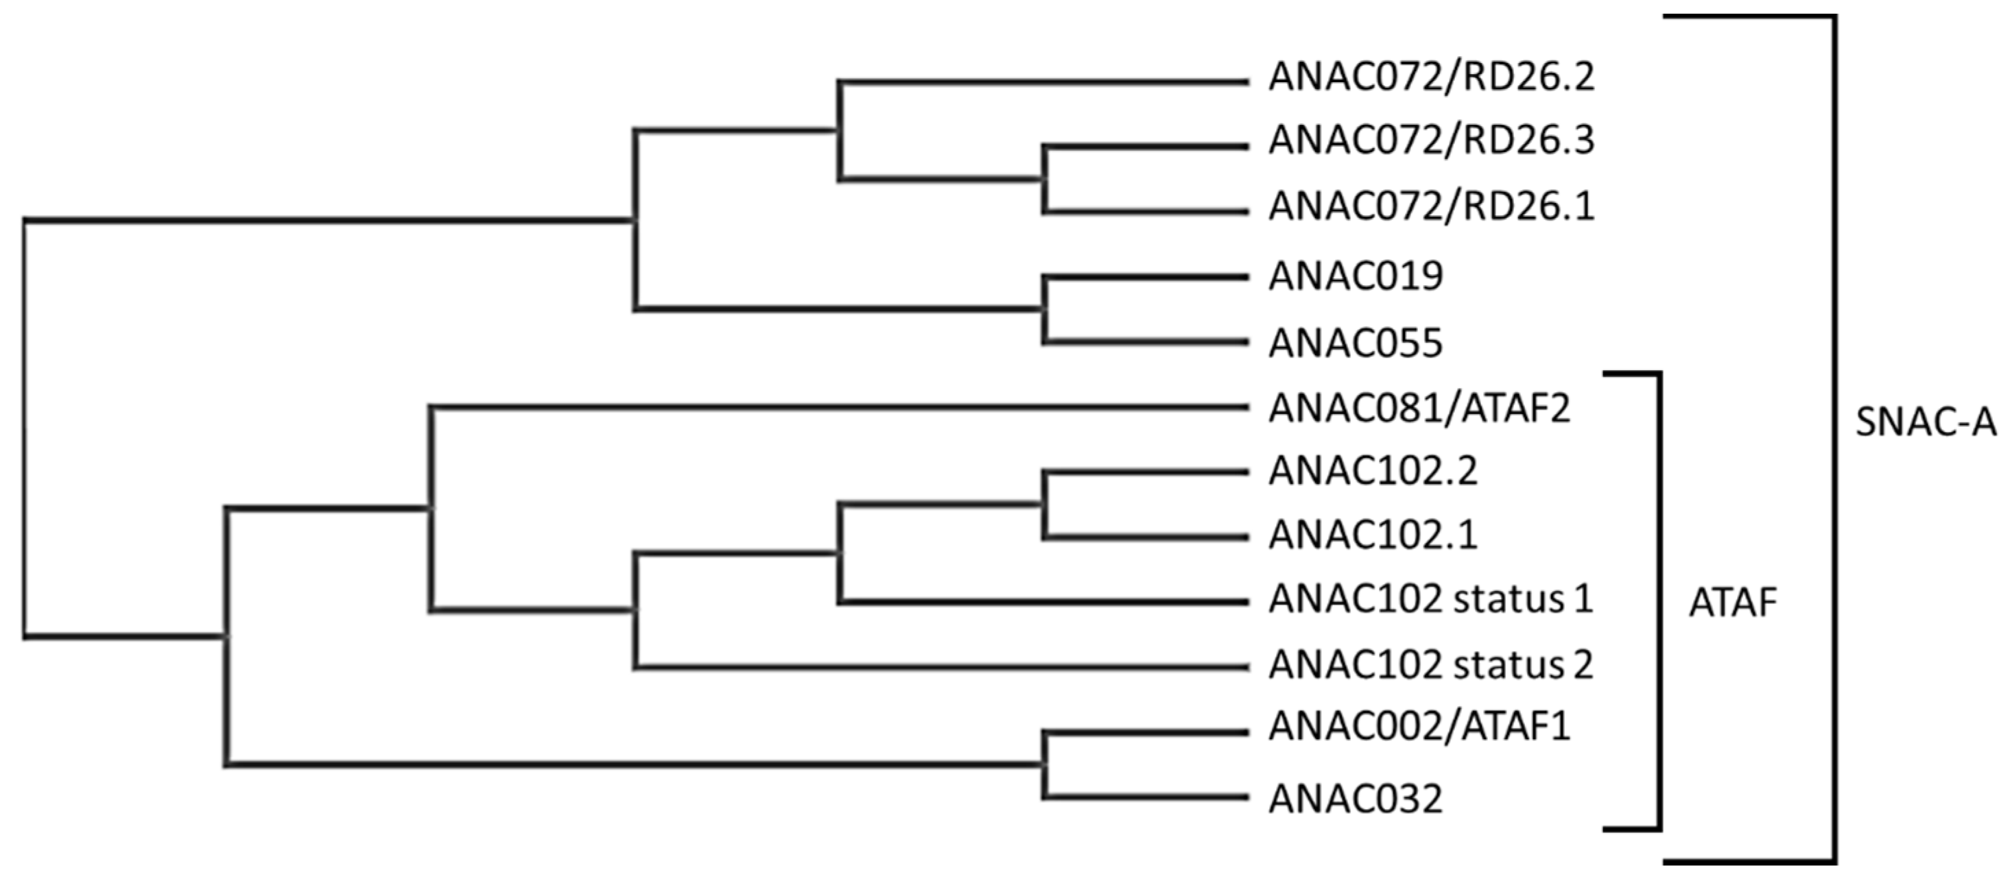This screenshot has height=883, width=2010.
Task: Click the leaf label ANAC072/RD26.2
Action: (1431, 77)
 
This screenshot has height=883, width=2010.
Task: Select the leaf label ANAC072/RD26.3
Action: (1431, 141)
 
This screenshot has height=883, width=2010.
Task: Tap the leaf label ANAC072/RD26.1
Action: (1431, 207)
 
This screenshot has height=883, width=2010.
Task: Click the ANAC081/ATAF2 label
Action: (1419, 408)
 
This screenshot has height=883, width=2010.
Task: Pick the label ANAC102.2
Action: (1373, 471)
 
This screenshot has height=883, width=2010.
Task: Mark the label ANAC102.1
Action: (1373, 536)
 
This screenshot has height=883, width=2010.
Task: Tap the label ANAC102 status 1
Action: (1430, 600)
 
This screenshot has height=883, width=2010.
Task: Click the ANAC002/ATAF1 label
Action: (1419, 727)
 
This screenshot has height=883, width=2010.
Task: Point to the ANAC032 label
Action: (1356, 799)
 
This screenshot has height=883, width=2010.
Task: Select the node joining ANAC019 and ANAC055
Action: (1044, 310)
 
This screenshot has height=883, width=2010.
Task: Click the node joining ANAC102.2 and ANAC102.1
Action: (1044, 505)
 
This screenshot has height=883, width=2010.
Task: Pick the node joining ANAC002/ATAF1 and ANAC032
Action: (1044, 764)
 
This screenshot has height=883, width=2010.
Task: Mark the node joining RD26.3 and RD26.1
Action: (1044, 180)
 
